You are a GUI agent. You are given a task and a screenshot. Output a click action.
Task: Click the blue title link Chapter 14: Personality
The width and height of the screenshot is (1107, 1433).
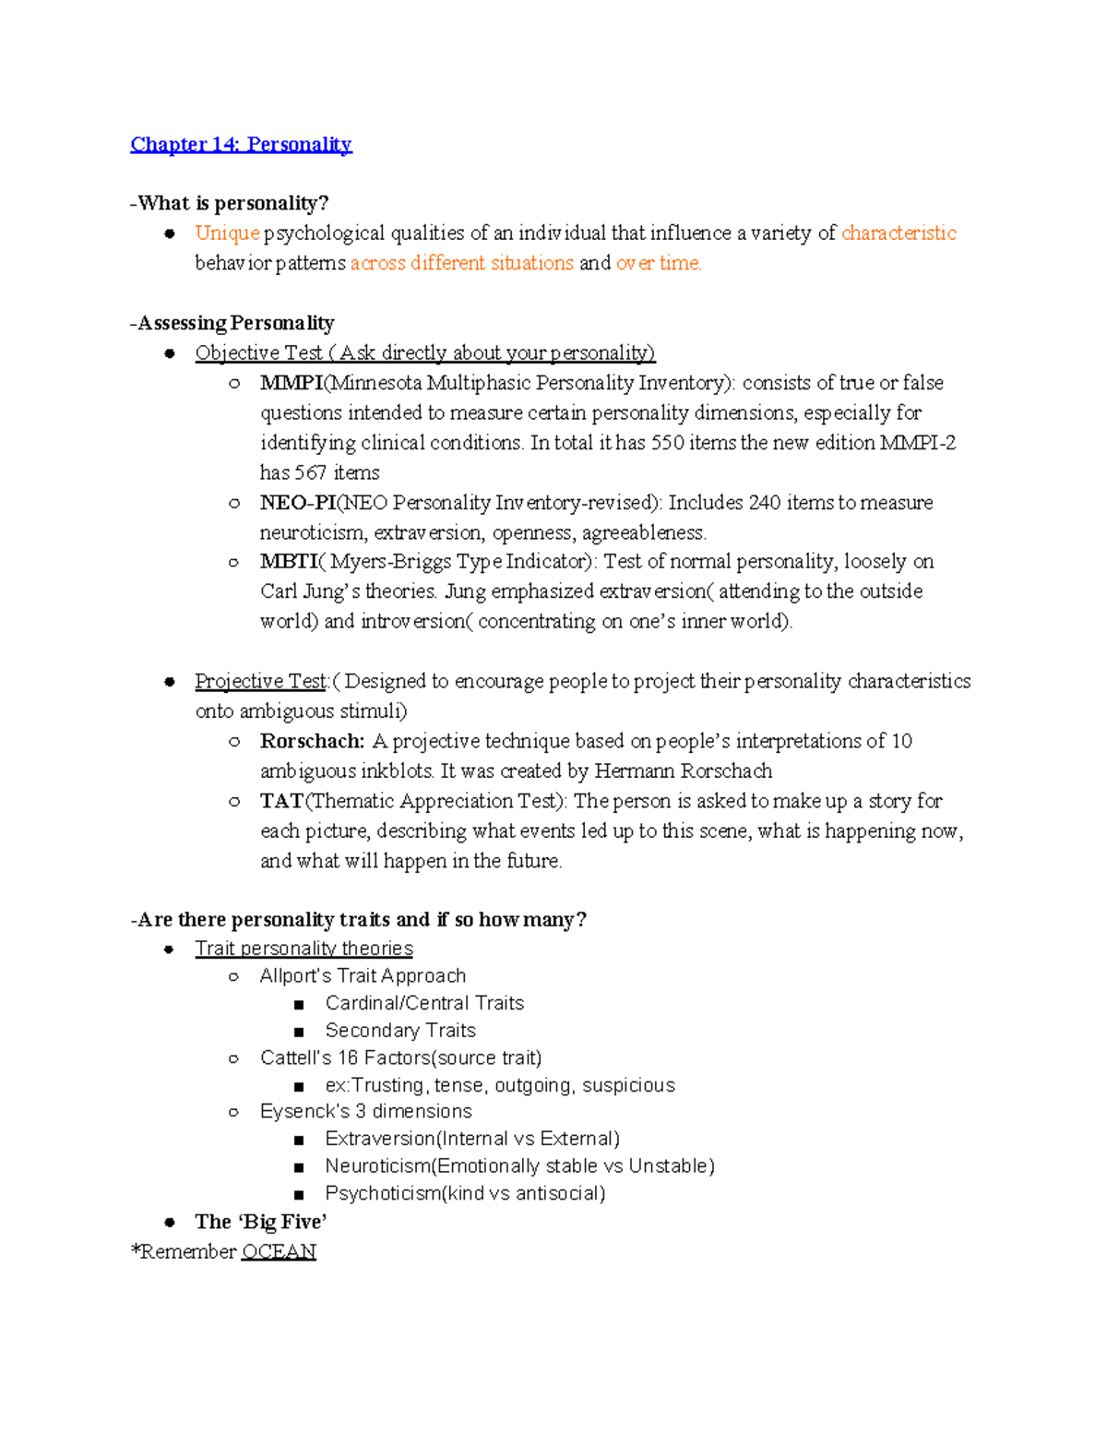(x=241, y=144)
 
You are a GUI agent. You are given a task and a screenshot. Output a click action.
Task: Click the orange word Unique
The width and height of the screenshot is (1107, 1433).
(x=227, y=233)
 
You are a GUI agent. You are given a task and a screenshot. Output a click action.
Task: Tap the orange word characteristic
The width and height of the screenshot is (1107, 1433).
(x=899, y=233)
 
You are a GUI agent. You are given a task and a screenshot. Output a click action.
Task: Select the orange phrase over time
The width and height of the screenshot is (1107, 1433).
(x=659, y=263)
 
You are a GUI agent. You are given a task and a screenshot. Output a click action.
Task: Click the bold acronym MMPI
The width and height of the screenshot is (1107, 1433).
(x=292, y=383)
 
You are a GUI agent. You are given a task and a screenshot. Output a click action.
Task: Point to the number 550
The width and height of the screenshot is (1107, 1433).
(x=668, y=443)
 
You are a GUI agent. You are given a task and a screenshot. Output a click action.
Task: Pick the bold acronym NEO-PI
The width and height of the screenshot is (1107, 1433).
(x=298, y=503)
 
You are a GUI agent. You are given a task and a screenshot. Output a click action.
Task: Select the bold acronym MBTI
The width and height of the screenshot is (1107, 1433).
(x=289, y=562)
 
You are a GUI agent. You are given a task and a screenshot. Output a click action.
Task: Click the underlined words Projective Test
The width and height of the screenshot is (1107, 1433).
(x=261, y=681)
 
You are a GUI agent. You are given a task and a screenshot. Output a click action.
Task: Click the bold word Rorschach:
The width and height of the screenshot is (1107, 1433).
(x=312, y=741)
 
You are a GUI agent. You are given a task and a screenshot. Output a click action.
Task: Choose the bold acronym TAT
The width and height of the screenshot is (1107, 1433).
(x=281, y=801)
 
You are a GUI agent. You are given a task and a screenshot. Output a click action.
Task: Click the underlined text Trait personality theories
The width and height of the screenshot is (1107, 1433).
(x=304, y=949)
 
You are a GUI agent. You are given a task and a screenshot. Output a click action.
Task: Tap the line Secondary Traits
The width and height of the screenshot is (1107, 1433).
(x=400, y=1031)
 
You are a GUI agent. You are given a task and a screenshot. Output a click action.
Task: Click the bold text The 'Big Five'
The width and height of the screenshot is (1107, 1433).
(x=261, y=1222)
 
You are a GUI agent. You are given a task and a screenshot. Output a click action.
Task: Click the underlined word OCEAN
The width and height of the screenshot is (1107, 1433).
(x=279, y=1252)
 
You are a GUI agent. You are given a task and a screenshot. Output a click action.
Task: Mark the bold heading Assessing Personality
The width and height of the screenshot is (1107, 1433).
(x=236, y=323)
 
